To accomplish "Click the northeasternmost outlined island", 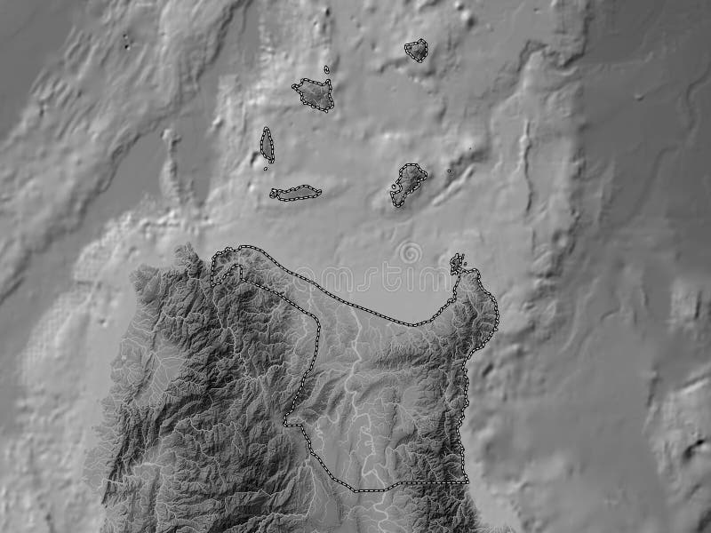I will coord(415,51).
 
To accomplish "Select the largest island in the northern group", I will coord(313,94).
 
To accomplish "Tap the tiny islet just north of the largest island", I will coord(326,68).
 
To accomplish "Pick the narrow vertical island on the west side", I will coord(267,144).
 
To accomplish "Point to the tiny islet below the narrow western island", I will coord(266,167).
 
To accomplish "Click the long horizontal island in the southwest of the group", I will coord(297,193).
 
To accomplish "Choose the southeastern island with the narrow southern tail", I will coord(408,182).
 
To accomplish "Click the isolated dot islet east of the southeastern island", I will coord(449,171).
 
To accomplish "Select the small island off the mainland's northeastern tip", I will coord(457,263).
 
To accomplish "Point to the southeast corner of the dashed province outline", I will coord(465,481).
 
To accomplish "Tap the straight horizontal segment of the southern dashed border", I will coord(418,482).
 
